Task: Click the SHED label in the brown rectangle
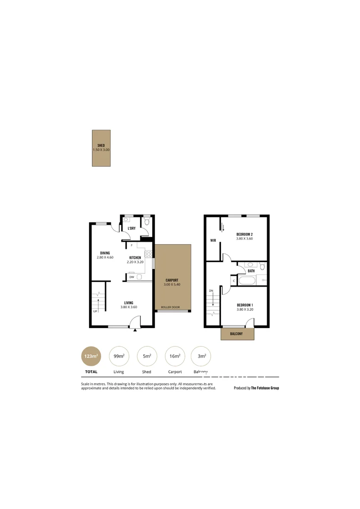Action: [x=101, y=145]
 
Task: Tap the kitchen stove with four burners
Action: [x=148, y=254]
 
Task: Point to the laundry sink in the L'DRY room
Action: [x=126, y=220]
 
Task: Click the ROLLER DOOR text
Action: [x=170, y=307]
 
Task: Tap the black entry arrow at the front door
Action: [x=135, y=330]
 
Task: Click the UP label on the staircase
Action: [x=95, y=312]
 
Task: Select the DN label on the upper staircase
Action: [x=211, y=291]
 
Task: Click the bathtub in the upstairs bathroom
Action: [x=247, y=281]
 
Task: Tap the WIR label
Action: [x=213, y=240]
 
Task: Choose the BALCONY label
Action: [x=237, y=334]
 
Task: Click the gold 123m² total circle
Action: [x=91, y=357]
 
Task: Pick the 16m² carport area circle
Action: [x=175, y=357]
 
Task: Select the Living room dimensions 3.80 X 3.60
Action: [x=129, y=307]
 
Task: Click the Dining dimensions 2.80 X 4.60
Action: [x=105, y=257]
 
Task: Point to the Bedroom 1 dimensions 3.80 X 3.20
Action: [x=245, y=310]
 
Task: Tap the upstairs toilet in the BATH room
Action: [x=262, y=267]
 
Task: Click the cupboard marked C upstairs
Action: [x=234, y=281]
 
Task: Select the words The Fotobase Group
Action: [x=265, y=388]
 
